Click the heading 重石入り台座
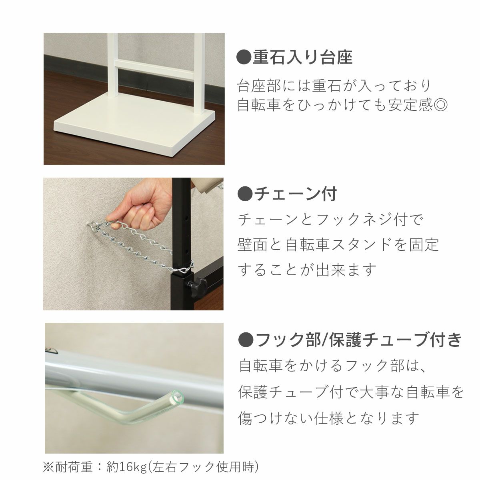pos(302,58)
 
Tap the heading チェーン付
pos(295,194)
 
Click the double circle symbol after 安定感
pos(440,105)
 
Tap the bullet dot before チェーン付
pos(244,194)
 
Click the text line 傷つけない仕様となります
pos(329,418)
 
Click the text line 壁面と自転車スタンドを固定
pos(338,244)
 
